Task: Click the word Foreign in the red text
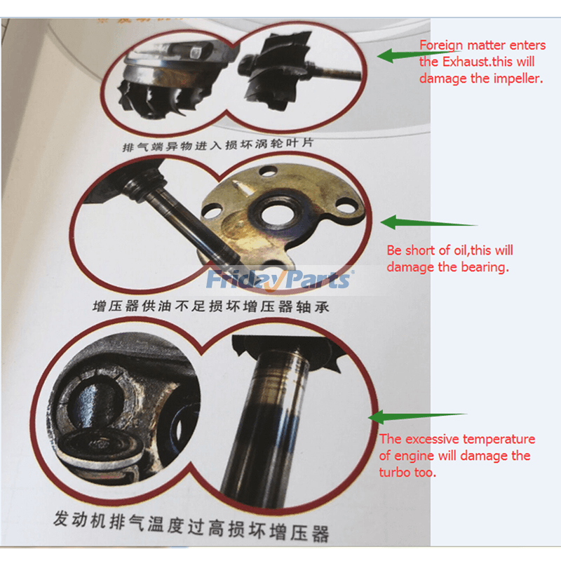[441, 46]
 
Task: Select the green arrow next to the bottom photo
[418, 417]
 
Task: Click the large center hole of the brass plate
[278, 215]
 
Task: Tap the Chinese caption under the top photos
[217, 144]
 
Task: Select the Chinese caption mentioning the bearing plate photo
[211, 306]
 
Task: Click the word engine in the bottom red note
[412, 457]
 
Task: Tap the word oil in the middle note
[461, 250]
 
